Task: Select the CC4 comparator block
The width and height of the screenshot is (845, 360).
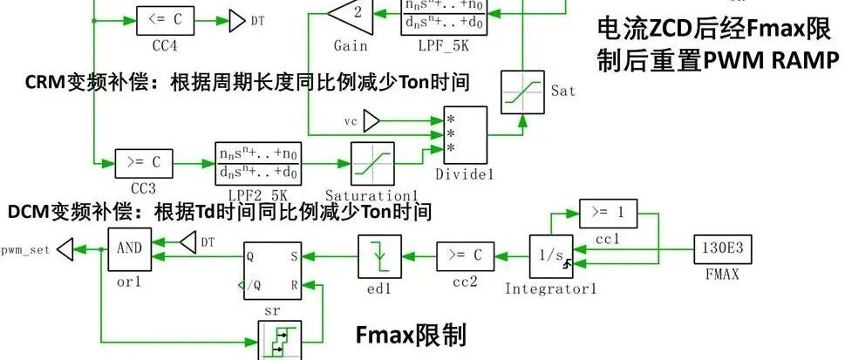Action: click(166, 18)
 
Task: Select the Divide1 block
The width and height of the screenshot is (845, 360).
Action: click(465, 133)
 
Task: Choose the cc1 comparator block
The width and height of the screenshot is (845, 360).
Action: click(603, 212)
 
